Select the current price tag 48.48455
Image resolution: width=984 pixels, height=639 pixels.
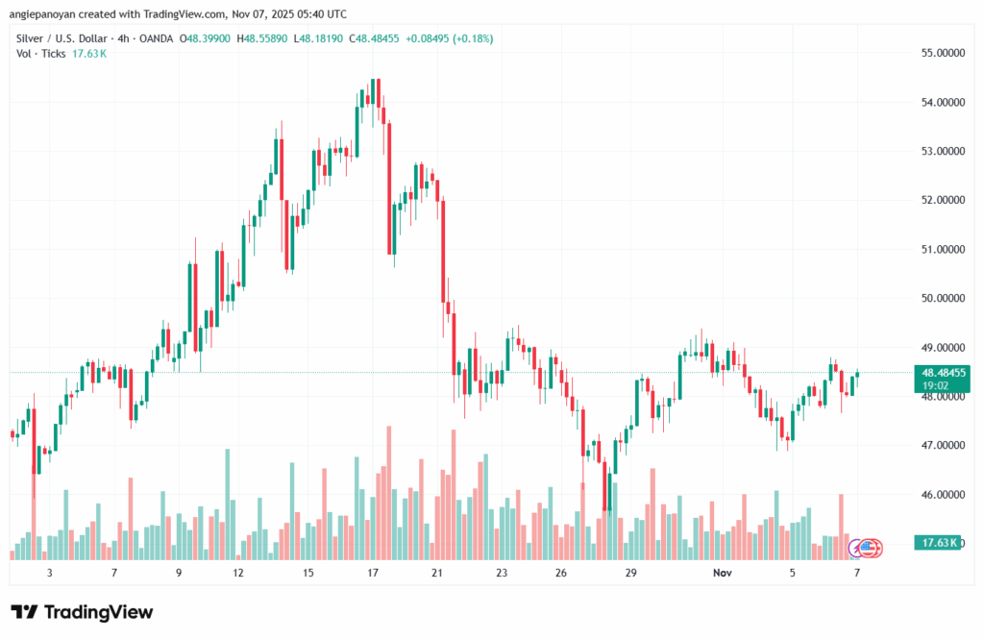coord(943,372)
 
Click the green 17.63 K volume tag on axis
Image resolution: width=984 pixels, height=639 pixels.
coord(941,544)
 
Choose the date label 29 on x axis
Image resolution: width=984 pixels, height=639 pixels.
coord(630,573)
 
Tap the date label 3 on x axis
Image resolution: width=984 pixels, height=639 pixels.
coord(49,573)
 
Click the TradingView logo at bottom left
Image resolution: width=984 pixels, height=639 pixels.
coord(82,612)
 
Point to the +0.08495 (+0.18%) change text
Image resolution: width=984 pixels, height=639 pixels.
coord(441,37)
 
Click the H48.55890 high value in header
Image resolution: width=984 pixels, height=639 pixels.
coord(265,37)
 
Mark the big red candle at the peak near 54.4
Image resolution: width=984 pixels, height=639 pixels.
coord(379,94)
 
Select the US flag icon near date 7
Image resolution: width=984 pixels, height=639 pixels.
coord(869,548)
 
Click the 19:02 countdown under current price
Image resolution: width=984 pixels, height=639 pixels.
coord(936,384)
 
